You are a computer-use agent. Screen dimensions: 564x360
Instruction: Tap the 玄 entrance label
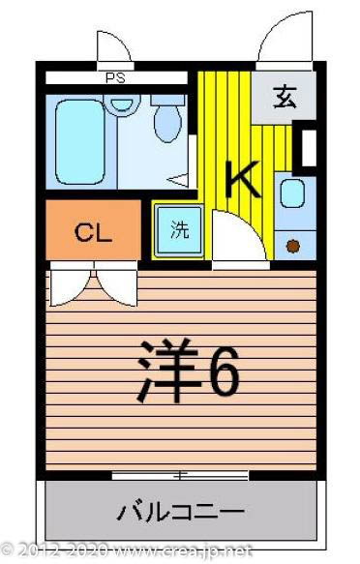pyautogui.click(x=285, y=98)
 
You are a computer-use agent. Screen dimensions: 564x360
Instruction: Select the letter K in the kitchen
pyautogui.click(x=241, y=177)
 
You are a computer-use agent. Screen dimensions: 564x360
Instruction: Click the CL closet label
pyautogui.click(x=94, y=232)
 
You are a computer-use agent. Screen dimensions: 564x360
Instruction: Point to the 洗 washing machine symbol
pyautogui.click(x=179, y=231)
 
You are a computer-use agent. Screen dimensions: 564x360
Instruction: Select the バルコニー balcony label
pyautogui.click(x=181, y=510)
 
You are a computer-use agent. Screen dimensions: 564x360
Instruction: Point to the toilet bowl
pyautogui.click(x=168, y=120)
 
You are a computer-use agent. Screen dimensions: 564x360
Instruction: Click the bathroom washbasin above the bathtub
pyautogui.click(x=121, y=102)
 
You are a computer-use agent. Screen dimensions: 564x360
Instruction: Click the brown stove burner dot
pyautogui.click(x=292, y=245)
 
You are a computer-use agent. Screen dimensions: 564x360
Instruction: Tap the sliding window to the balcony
pyautogui.click(x=179, y=475)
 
